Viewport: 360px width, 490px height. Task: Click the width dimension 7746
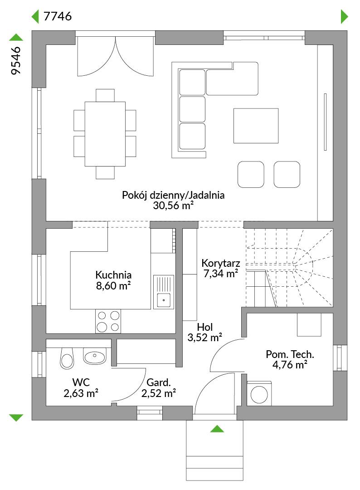coord(58,16)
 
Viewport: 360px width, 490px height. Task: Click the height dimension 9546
coord(15,61)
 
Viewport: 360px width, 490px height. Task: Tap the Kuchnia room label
coord(113,275)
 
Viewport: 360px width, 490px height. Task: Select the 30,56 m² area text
coord(173,206)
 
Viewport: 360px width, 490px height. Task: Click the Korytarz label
coord(220,263)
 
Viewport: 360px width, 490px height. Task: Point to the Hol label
coord(205,327)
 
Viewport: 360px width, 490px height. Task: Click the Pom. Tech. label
coord(290,354)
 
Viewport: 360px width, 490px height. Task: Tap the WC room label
coord(81,382)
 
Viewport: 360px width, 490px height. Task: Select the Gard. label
coord(159,382)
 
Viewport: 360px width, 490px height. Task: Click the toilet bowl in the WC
coord(67,358)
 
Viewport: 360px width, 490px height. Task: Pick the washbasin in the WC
coord(95,356)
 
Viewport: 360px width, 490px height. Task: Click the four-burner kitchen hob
coord(108,321)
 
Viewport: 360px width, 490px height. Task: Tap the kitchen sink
coord(164,292)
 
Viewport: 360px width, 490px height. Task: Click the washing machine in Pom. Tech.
coord(259,394)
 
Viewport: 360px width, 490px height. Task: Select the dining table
coord(105,134)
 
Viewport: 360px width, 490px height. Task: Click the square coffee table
coord(256,126)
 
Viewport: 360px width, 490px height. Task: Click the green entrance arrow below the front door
coord(217,429)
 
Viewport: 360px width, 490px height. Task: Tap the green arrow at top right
coord(345,17)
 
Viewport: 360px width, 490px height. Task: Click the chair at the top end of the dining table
coord(105,95)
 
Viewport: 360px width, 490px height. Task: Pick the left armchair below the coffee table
coord(251,174)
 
